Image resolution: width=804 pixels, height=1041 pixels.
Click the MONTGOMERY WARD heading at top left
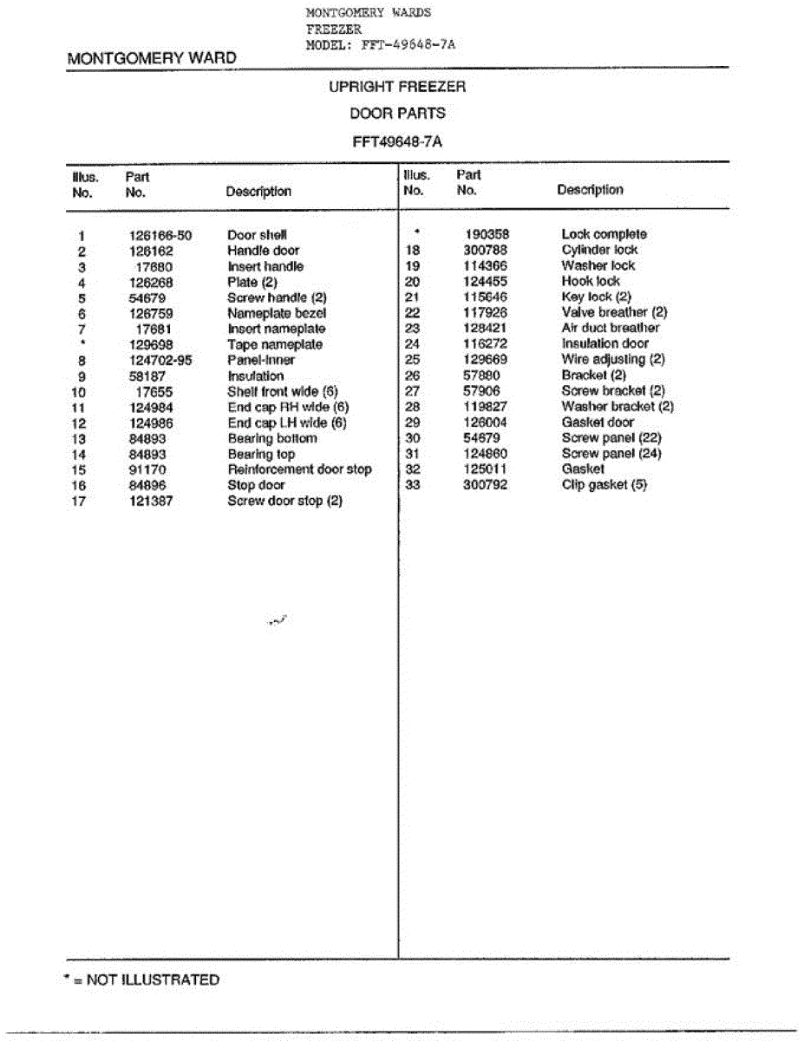tap(152, 59)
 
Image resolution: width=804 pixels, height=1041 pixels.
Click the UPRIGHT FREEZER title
tap(397, 87)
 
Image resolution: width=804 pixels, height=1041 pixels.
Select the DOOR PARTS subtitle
tap(397, 113)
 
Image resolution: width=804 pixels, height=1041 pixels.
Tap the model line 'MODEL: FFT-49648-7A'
tap(381, 44)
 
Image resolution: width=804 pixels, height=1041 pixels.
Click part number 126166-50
tap(160, 235)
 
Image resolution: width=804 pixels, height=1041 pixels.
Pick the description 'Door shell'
tap(257, 235)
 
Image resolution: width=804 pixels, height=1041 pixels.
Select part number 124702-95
tap(160, 360)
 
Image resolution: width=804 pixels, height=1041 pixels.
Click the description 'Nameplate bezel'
tap(277, 313)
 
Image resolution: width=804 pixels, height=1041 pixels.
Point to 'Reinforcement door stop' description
tap(299, 469)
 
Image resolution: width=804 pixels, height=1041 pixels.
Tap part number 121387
tap(150, 501)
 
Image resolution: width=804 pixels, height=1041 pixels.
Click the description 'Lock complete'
tap(604, 234)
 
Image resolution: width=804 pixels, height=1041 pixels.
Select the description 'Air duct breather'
tap(610, 328)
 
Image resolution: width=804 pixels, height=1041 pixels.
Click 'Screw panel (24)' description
tap(611, 454)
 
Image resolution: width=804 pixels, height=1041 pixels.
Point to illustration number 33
tap(412, 485)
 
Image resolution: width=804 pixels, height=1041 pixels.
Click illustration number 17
tap(80, 501)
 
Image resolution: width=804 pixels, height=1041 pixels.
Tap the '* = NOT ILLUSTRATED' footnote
tap(142, 980)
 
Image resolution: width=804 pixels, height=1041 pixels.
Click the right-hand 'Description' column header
tap(590, 190)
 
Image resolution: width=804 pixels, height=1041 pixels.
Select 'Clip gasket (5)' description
tap(604, 485)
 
